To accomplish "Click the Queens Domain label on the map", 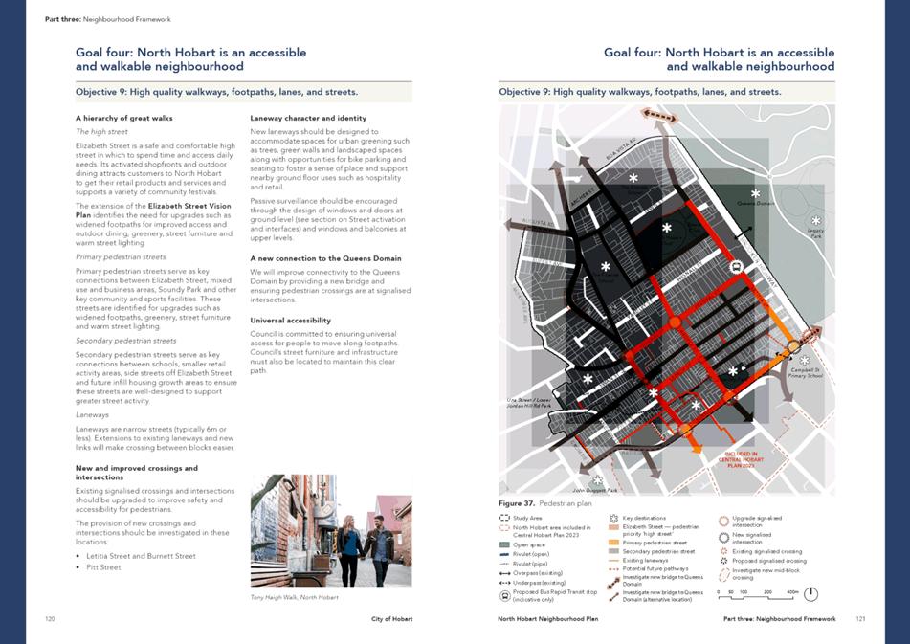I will [x=755, y=204].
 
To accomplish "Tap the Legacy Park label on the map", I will [x=815, y=233].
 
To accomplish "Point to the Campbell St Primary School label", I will [x=807, y=373].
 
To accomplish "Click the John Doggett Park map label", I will [x=595, y=490].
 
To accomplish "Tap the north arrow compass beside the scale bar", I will [x=810, y=593].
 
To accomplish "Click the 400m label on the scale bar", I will [x=791, y=593].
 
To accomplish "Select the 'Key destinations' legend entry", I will [x=643, y=518].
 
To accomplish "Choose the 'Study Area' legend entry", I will [x=527, y=518].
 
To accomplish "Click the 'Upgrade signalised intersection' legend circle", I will [x=723, y=522].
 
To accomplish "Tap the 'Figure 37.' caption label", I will [x=516, y=502].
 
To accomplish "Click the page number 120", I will [x=50, y=619].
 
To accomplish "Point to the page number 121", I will [x=860, y=619].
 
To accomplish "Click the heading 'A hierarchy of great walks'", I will [x=123, y=118].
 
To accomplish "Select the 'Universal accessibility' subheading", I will [x=291, y=320].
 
